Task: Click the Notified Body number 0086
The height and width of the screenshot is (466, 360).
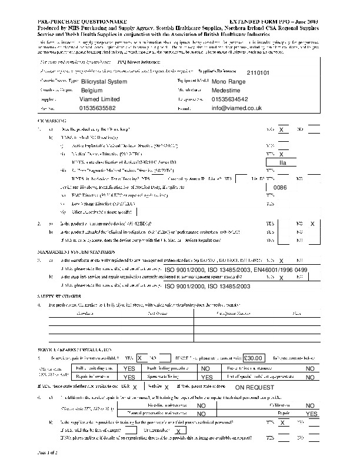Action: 280,187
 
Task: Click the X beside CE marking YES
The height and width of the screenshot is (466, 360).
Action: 281,129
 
